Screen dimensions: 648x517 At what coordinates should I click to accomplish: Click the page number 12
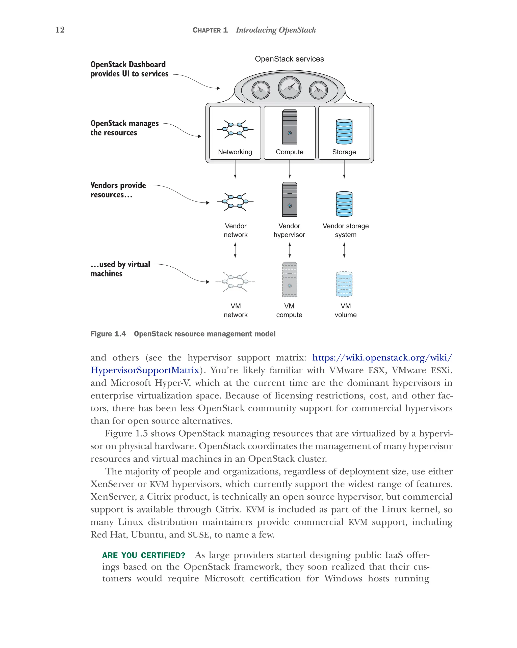(60, 30)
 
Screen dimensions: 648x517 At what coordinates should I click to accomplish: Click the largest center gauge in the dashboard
(289, 88)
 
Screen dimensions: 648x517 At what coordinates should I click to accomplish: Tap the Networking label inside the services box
(235, 152)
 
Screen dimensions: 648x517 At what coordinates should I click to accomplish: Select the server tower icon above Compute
(289, 127)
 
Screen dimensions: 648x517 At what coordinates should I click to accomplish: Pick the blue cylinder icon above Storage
(344, 132)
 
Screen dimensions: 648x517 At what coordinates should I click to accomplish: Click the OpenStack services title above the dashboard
(289, 59)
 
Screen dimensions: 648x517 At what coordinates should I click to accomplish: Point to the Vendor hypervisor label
(289, 230)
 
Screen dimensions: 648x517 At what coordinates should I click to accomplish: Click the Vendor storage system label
(346, 230)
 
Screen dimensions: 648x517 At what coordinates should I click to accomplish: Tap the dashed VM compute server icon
(289, 279)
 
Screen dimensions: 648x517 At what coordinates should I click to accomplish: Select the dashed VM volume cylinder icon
(344, 284)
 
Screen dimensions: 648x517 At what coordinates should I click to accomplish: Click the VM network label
(236, 310)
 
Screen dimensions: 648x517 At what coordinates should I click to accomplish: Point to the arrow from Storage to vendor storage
(344, 170)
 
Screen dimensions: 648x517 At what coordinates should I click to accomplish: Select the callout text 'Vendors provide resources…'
(118, 190)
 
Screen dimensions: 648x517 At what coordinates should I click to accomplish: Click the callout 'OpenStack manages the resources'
(124, 128)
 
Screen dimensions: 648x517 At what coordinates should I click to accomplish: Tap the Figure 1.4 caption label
(108, 334)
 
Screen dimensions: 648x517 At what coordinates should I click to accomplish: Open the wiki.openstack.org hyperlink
(382, 358)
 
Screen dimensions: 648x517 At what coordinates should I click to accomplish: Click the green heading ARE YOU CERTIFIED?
(143, 555)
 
